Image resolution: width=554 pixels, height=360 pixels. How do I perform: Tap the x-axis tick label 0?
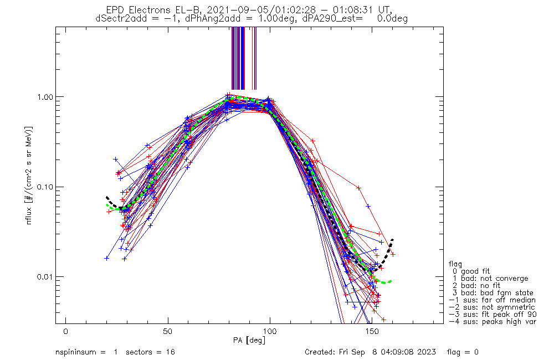[66, 331]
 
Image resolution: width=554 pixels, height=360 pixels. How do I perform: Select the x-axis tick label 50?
[168, 331]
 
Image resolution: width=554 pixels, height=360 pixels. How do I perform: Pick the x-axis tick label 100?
[270, 331]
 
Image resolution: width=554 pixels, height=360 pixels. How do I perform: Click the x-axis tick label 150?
[372, 331]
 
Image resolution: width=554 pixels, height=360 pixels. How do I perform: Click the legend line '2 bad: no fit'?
[479, 286]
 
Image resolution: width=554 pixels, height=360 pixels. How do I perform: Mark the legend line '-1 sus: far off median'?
[491, 300]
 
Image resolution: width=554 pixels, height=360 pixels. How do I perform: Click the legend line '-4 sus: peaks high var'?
[493, 322]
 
